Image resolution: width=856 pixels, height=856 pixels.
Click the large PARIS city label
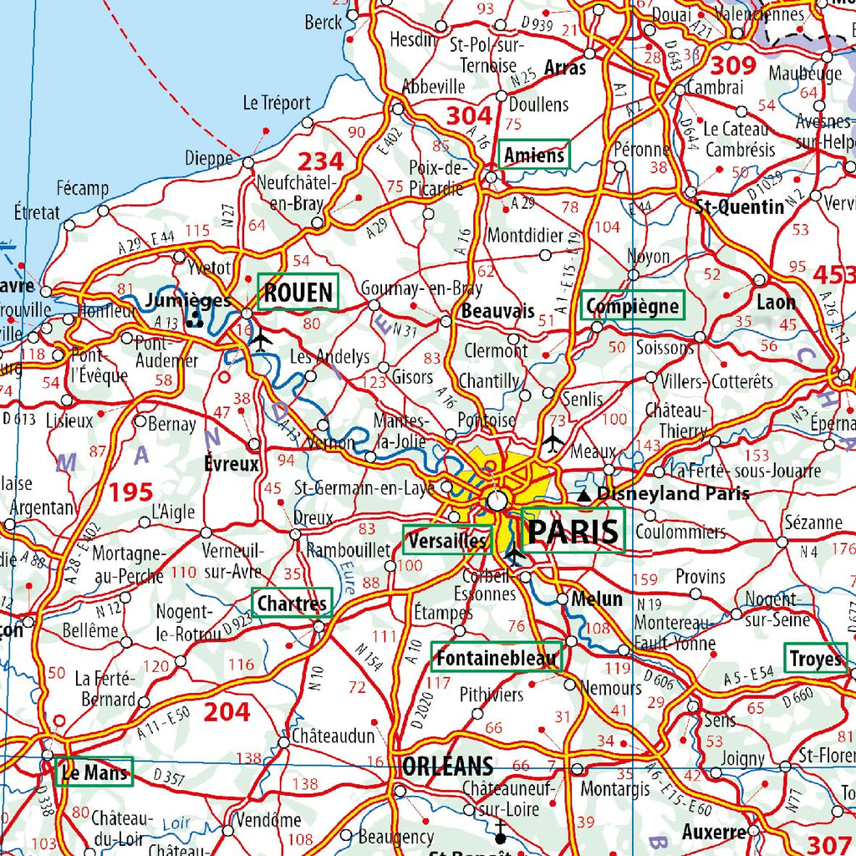(x=574, y=531)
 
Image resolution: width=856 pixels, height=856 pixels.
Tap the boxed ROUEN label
(x=298, y=293)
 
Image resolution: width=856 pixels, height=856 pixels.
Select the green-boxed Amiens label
(x=534, y=155)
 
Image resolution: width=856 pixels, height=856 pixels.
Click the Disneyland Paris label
(x=673, y=494)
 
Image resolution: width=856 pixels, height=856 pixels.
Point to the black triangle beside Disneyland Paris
(x=584, y=496)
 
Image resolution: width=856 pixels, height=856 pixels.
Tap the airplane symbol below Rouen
(x=261, y=340)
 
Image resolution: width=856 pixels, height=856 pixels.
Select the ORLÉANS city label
(x=447, y=766)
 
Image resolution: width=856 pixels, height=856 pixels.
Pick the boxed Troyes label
(x=815, y=659)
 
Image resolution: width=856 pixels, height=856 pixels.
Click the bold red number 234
(x=321, y=160)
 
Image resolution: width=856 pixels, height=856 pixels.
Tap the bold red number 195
(x=130, y=492)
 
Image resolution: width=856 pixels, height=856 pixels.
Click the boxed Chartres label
(x=292, y=603)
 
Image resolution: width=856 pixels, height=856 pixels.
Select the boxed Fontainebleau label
(x=497, y=658)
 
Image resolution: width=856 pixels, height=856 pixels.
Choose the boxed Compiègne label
(x=633, y=306)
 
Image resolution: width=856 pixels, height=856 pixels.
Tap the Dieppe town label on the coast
(x=209, y=158)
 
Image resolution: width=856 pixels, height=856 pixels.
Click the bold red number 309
(x=732, y=65)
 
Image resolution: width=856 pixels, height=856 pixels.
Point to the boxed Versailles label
(x=446, y=540)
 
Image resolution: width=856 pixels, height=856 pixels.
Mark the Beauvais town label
(x=497, y=311)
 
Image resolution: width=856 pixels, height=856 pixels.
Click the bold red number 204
(x=227, y=711)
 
